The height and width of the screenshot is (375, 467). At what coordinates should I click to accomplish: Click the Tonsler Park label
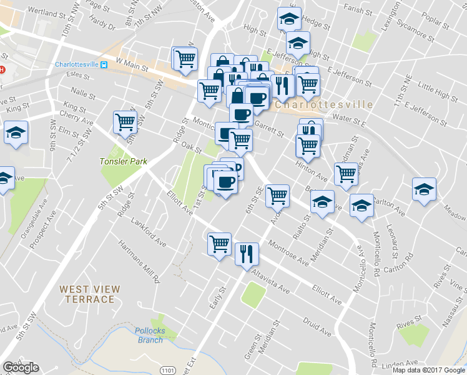coord(123,161)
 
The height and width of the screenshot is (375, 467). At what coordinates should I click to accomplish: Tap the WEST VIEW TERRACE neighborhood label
coord(87,294)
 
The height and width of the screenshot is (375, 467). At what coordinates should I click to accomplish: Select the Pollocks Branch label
coord(149,335)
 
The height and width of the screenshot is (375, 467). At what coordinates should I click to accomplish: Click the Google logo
coord(21,367)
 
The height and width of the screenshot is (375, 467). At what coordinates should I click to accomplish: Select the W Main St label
coord(131,63)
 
